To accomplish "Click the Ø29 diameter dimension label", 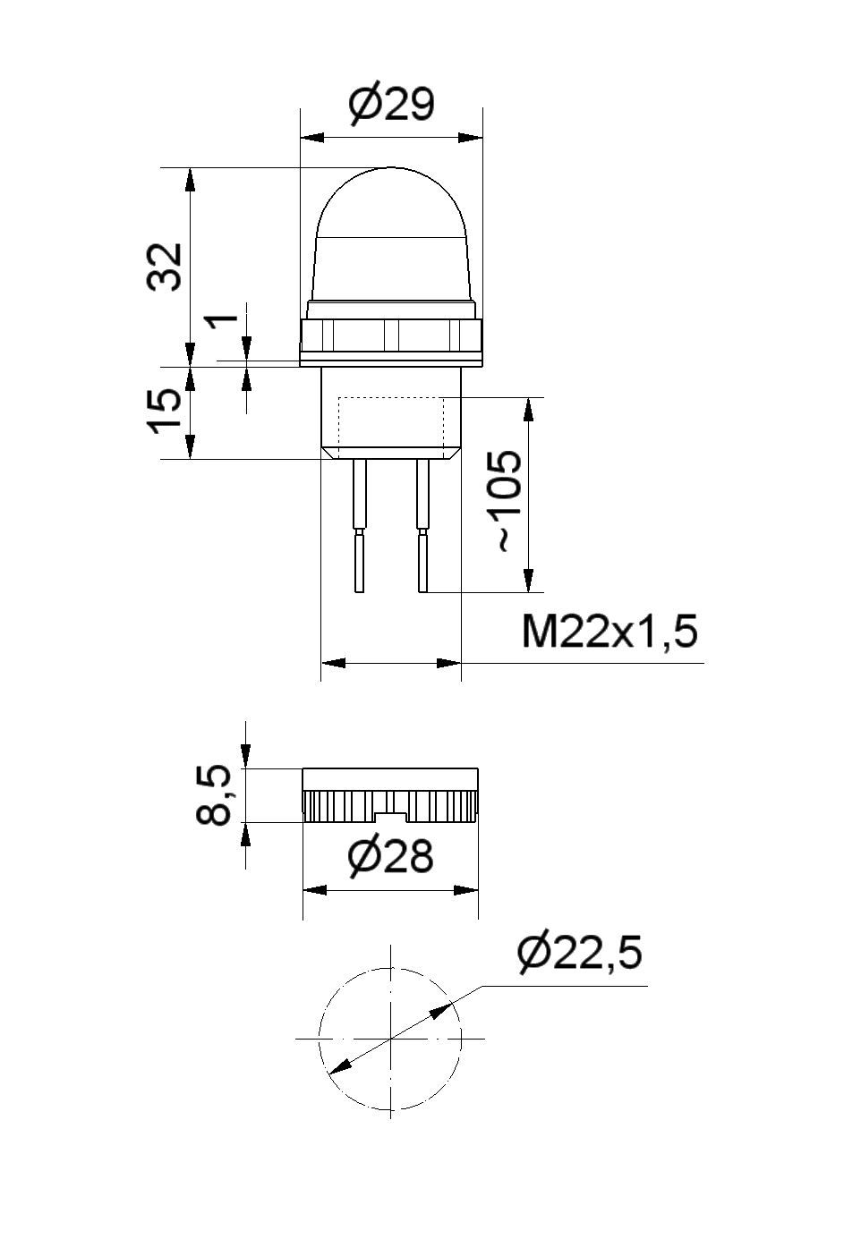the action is tap(391, 104).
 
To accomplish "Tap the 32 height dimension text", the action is tap(165, 267).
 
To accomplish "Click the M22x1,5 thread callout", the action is tap(610, 632).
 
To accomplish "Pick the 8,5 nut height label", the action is tap(214, 795).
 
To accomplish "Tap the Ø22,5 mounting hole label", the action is tap(579, 953).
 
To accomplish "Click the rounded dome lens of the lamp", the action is tap(391, 234).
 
